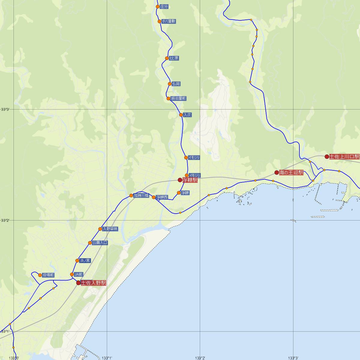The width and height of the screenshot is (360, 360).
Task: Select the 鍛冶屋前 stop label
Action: click(178, 98)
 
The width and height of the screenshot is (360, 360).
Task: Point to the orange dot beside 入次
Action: click(181, 115)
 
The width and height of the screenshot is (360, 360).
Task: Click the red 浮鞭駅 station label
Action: click(190, 180)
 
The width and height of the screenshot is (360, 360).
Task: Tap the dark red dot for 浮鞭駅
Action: click(180, 180)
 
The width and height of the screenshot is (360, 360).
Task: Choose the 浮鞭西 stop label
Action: click(162, 197)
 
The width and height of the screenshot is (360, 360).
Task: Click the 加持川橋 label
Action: click(141, 196)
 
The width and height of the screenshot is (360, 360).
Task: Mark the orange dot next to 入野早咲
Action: click(100, 229)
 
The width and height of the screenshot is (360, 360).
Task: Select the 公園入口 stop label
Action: click(100, 243)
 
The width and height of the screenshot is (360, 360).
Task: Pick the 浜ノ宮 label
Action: click(85, 260)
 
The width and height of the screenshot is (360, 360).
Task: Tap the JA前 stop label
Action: click(79, 274)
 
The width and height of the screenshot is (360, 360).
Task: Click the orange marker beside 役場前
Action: click(40, 275)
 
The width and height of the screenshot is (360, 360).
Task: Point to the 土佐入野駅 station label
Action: click(94, 283)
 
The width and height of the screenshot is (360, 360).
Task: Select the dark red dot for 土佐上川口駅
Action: click(327, 156)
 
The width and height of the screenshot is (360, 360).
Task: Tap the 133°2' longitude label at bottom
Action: click(200, 358)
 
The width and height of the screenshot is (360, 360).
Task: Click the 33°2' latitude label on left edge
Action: click(5, 220)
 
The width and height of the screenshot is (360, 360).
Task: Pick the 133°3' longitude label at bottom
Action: click(293, 358)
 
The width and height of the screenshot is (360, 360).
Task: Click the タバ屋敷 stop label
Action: click(169, 21)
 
